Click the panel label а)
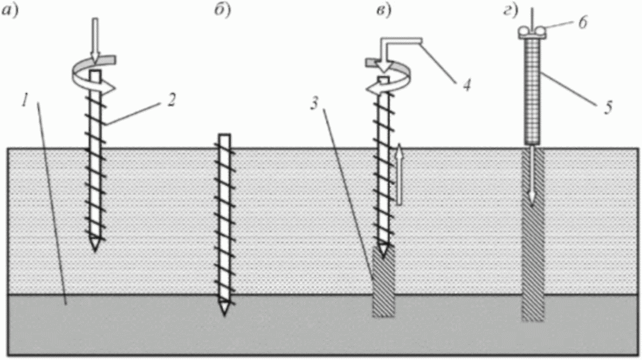click(10, 11)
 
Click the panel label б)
click(222, 11)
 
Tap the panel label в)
click(384, 11)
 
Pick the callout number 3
click(314, 104)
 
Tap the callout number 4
click(467, 85)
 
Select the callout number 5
click(608, 108)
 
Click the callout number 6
click(582, 22)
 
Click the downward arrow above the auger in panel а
click(95, 41)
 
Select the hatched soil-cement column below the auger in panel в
click(383, 281)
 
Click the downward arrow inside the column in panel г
click(531, 176)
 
